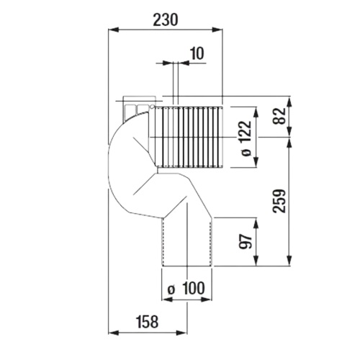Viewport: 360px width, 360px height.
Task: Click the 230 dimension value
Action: (166, 19)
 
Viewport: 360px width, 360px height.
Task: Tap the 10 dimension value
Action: (197, 53)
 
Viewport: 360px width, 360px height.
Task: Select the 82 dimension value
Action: (279, 116)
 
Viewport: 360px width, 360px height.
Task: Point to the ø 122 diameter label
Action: (246, 138)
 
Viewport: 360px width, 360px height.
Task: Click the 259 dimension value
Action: (279, 201)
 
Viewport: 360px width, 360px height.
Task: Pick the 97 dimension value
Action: (246, 241)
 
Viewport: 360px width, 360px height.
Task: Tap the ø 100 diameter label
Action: (186, 288)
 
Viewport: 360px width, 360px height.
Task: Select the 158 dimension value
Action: (148, 322)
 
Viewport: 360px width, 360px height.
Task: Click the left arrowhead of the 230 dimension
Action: (114, 30)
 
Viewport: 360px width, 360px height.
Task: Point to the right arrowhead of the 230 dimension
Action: (217, 30)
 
